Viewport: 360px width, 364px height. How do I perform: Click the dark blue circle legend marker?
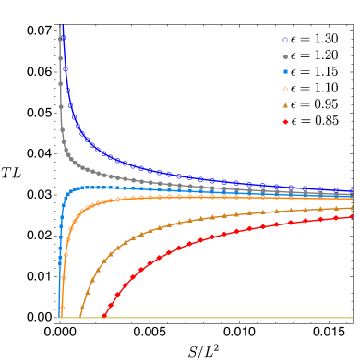285,40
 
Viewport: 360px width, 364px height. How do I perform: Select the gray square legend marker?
285,56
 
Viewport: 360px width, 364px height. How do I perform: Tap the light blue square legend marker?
285,72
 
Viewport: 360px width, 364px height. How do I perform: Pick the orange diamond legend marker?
285,89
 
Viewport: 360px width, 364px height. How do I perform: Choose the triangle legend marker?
285,105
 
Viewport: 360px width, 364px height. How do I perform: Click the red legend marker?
285,121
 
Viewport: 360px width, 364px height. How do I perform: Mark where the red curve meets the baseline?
102,317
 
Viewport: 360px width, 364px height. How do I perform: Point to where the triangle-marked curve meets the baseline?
80,317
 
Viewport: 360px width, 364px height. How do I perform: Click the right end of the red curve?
352,216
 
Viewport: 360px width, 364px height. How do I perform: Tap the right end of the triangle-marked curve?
352,208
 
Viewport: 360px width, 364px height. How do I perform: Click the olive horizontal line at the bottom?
203,318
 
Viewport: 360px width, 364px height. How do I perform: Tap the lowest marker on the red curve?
104,314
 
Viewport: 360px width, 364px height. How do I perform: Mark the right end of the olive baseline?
352,318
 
